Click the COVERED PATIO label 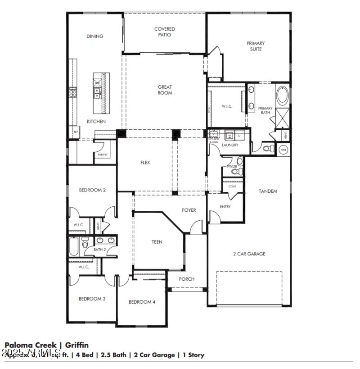pos(165,32)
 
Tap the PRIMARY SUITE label pos(256,46)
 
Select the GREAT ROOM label pos(165,90)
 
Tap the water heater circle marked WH pos(283,150)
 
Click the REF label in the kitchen pos(75,133)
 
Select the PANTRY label pos(102,155)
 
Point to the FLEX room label pos(145,163)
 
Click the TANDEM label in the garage pos(268,191)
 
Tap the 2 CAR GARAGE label pos(249,254)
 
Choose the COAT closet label pos(232,186)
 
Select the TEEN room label pos(157,242)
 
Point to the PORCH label pos(186,279)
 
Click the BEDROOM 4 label pos(142,302)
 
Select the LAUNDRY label pos(230,145)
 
